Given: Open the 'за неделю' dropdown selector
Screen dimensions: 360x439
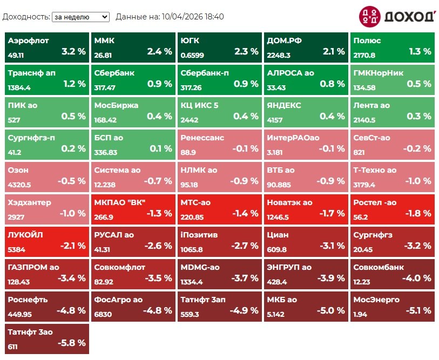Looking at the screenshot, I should pyautogui.click(x=80, y=17).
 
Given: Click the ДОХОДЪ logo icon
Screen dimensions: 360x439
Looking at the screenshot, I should pyautogui.click(x=369, y=17).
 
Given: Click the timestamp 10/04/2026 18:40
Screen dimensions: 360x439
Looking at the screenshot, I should pyautogui.click(x=193, y=17).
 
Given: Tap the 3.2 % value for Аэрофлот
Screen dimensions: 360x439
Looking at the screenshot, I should pyautogui.click(x=73, y=52).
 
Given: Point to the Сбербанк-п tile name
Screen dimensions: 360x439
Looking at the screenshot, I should pyautogui.click(x=202, y=73).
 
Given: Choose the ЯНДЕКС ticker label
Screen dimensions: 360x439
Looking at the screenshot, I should pyautogui.click(x=284, y=105).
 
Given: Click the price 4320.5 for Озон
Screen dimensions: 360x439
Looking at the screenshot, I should pyautogui.click(x=19, y=185).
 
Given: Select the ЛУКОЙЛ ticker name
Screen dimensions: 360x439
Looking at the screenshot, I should pyautogui.click(x=25, y=235).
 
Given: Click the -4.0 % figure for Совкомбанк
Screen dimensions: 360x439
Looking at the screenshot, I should pyautogui.click(x=416, y=278).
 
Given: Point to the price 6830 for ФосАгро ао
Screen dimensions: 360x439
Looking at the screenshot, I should pyautogui.click(x=103, y=314).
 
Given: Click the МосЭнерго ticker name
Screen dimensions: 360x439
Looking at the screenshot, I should pyautogui.click(x=376, y=300).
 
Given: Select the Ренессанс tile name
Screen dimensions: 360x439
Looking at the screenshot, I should pyautogui.click(x=202, y=138).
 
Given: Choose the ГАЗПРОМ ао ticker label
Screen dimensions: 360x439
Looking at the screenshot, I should pyautogui.click(x=33, y=267).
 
